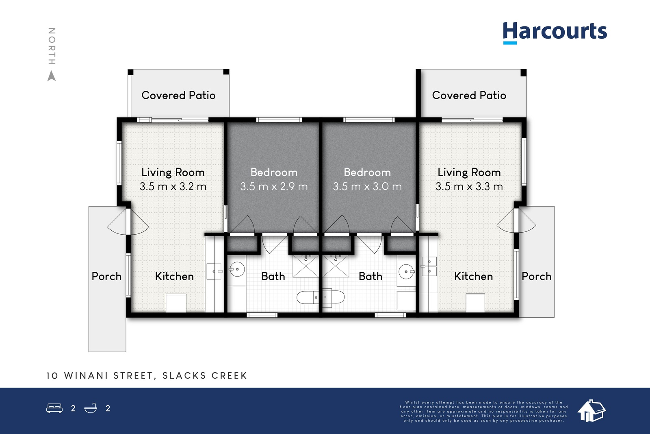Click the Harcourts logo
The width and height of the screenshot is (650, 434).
(555, 33)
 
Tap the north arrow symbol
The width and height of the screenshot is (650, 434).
(52, 76)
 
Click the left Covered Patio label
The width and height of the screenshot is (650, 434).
(178, 95)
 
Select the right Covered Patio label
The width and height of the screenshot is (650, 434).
(469, 95)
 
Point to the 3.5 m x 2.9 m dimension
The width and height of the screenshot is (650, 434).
(274, 186)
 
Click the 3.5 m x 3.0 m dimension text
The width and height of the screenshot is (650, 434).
(367, 186)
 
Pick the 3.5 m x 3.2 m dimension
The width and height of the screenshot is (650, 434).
(173, 186)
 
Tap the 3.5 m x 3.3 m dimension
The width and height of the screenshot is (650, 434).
(469, 186)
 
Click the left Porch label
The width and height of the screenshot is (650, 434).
(106, 276)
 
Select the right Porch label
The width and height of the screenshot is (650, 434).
(537, 276)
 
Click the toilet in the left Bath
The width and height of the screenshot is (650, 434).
(307, 297)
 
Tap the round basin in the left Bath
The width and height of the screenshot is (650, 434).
(237, 269)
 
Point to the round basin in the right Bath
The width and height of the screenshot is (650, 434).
(407, 272)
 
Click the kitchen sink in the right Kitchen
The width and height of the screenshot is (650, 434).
(429, 266)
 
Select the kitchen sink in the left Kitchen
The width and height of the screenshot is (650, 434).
(214, 271)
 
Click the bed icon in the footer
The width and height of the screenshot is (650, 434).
(54, 408)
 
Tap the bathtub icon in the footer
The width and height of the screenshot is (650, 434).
(91, 408)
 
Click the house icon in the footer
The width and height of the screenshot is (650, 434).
(591, 411)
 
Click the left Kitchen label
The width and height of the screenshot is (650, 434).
(174, 276)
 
